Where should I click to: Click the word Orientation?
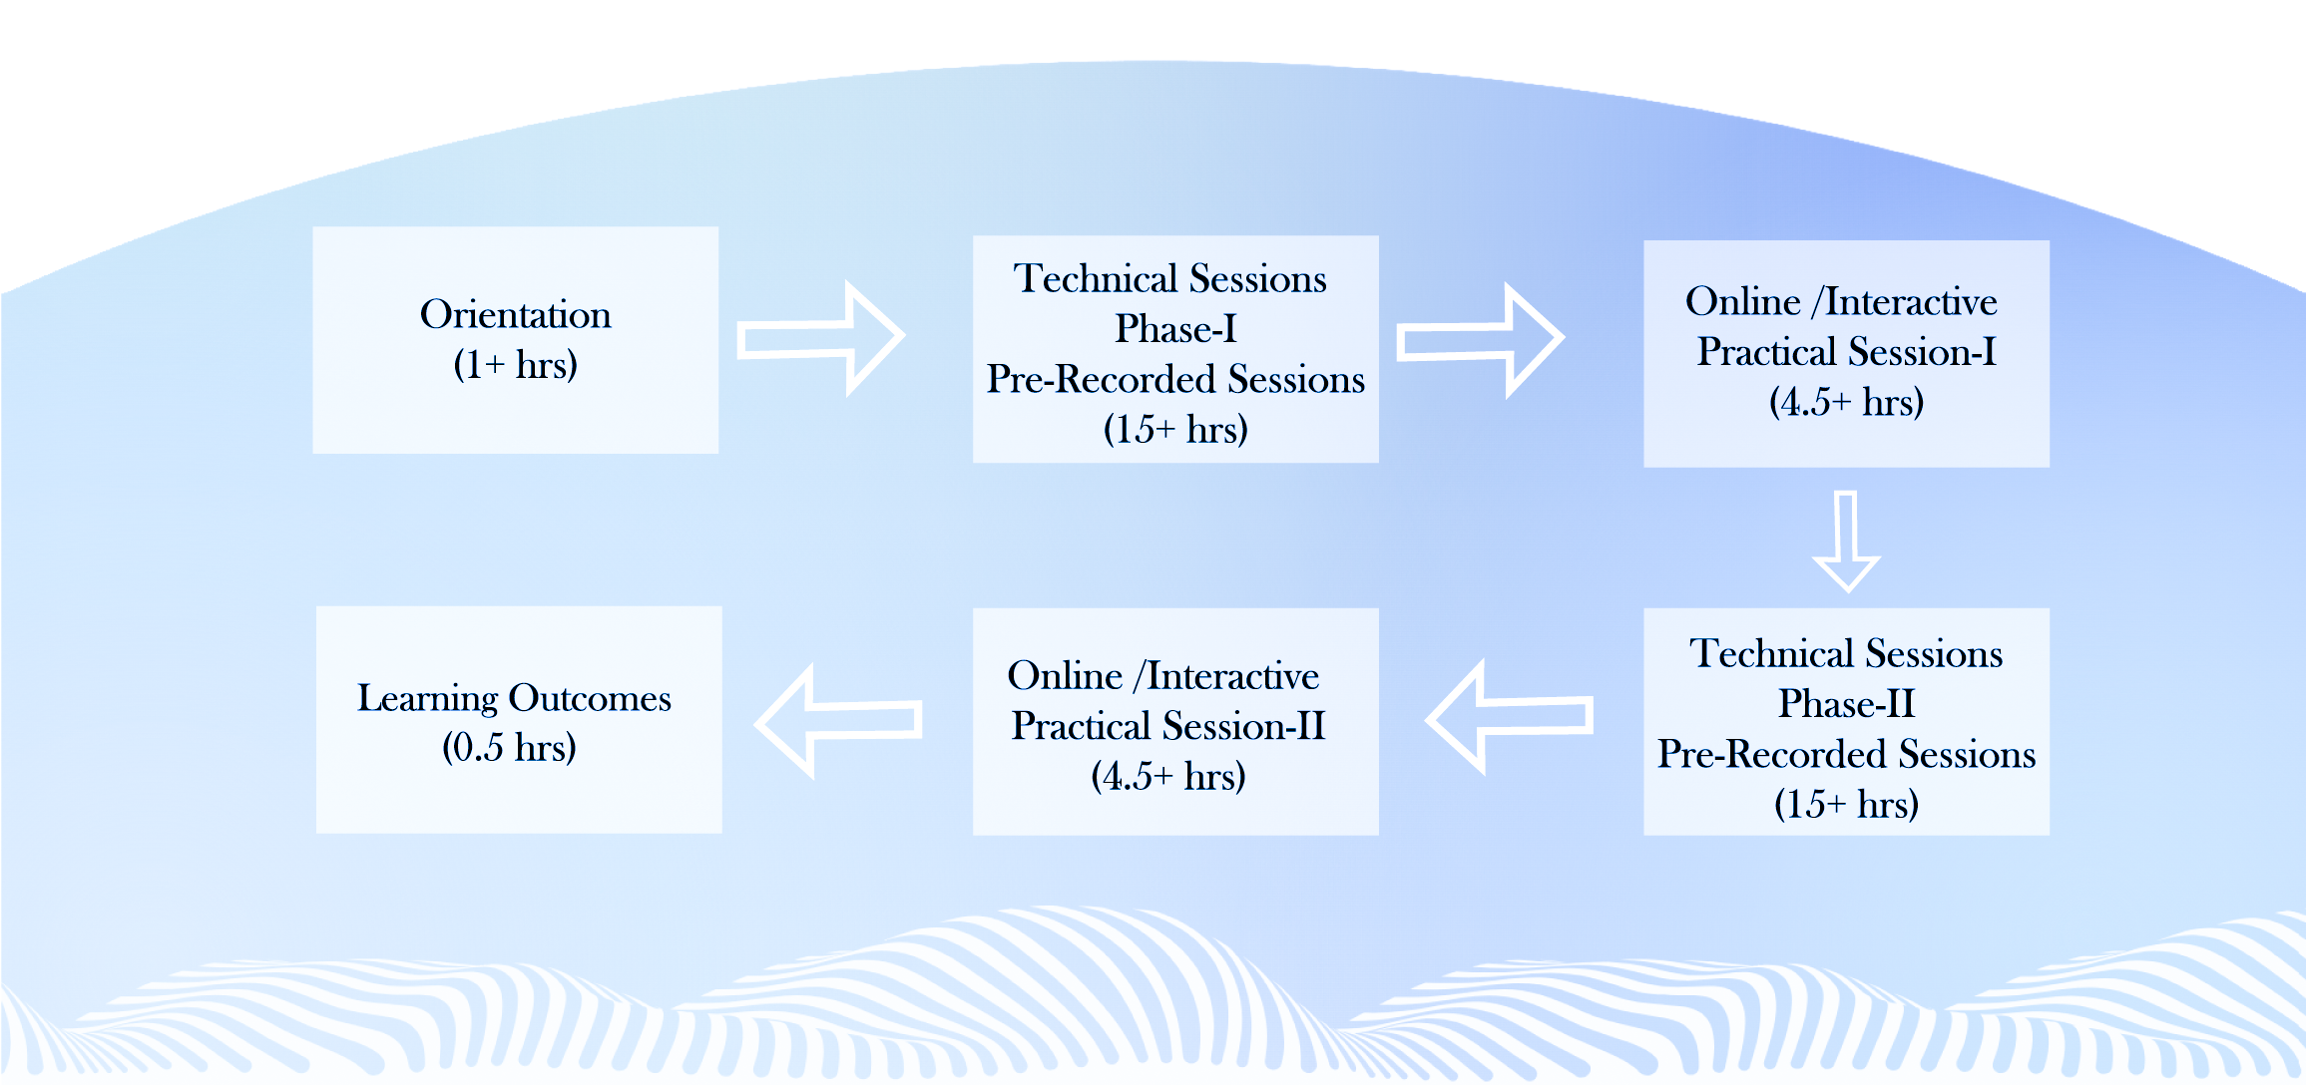coord(515,314)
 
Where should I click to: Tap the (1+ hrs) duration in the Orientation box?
coord(515,365)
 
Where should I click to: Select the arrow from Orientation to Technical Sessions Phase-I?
coord(820,338)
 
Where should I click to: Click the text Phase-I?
coord(1175,329)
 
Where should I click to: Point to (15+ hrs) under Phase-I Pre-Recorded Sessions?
coord(1175,430)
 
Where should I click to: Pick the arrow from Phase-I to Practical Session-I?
coord(1480,340)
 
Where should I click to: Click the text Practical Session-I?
coord(1847,352)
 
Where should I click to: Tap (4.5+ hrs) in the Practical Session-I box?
coord(1847,403)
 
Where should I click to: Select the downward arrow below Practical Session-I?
coord(1846,542)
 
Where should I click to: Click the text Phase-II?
coord(1847,704)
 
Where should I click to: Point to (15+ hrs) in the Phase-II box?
coord(1847,805)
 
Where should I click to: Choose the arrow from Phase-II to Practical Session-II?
coord(1509,717)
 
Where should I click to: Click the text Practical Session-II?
coord(1168,726)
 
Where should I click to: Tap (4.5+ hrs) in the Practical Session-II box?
coord(1168,777)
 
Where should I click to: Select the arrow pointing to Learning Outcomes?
coord(838,721)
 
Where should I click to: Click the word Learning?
coord(427,698)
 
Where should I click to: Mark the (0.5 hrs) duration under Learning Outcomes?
coord(509,748)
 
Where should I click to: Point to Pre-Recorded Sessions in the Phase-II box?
coord(1847,755)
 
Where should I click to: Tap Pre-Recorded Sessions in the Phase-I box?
coord(1175,380)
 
